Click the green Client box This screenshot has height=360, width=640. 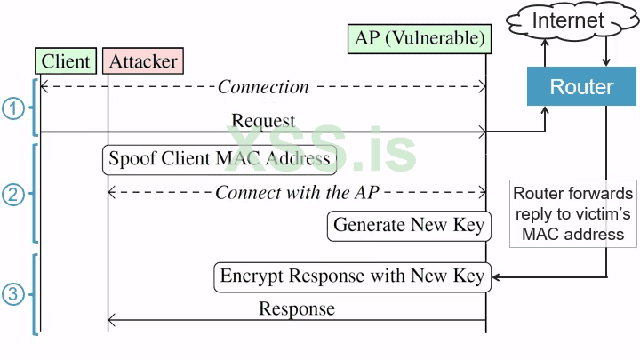click(x=65, y=60)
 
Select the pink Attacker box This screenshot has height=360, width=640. click(x=143, y=60)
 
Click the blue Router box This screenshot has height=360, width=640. click(x=580, y=87)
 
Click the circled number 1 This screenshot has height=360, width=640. click(x=12, y=108)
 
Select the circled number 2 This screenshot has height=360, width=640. click(x=12, y=195)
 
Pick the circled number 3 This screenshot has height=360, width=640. click(x=12, y=293)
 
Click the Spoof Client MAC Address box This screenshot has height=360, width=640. click(x=220, y=159)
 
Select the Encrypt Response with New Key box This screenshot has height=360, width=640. click(x=351, y=276)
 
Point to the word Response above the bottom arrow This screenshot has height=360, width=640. click(x=296, y=309)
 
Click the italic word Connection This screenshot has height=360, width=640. click(x=263, y=87)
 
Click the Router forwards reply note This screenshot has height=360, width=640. click(x=573, y=214)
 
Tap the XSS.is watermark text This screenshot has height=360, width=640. click(x=320, y=148)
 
